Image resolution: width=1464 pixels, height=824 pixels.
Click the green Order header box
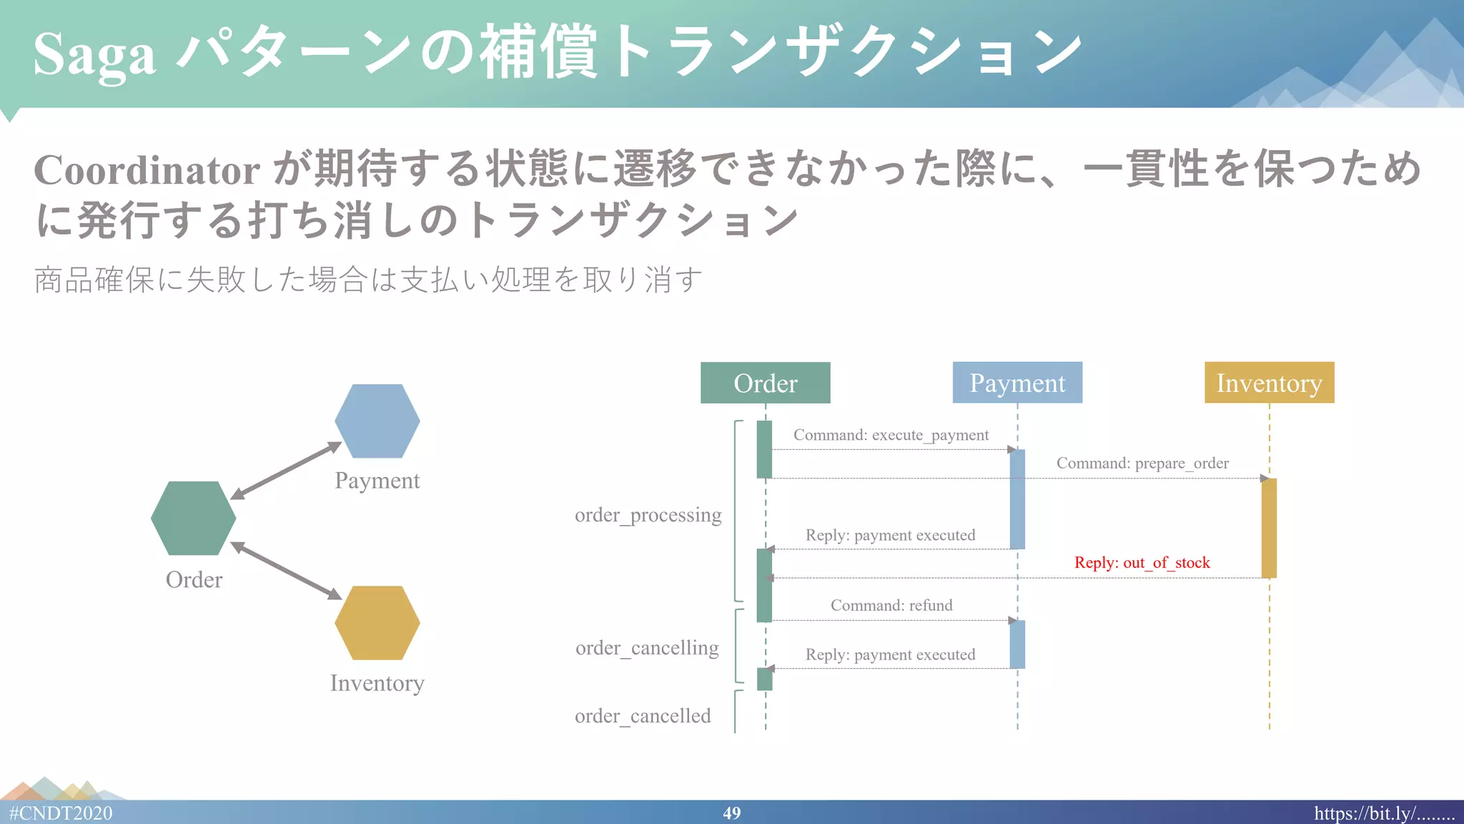pos(765,383)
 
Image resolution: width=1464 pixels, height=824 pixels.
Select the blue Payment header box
pos(1017,383)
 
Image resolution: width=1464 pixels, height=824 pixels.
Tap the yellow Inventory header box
pos(1269,383)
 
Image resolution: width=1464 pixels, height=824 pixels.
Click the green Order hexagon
pos(193,518)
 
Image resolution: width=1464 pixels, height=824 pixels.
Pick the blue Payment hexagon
pos(377,421)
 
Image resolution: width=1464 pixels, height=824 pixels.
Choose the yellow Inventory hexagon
pos(377,622)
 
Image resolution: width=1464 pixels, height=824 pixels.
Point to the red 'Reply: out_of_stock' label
pos(1142,563)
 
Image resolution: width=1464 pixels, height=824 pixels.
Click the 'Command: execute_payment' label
pos(891,435)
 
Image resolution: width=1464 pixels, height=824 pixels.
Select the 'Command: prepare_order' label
pos(1142,463)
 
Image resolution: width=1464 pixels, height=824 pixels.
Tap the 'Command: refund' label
pos(891,605)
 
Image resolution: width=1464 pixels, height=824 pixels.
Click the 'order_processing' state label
pos(648,515)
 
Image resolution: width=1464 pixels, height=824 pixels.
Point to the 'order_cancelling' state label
pos(647,648)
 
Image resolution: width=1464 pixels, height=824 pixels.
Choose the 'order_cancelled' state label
pos(643,716)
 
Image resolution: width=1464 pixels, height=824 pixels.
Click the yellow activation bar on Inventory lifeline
pos(1269,528)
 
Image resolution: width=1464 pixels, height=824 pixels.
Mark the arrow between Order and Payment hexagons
pos(286,470)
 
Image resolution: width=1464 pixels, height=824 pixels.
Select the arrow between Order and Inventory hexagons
pos(286,570)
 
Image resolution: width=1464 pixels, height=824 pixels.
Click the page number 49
pos(731,813)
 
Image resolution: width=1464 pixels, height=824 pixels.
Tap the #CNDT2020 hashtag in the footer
pos(61,813)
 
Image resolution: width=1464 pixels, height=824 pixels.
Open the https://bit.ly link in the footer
pos(1384,813)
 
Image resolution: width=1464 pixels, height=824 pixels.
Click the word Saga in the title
pos(94,54)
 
